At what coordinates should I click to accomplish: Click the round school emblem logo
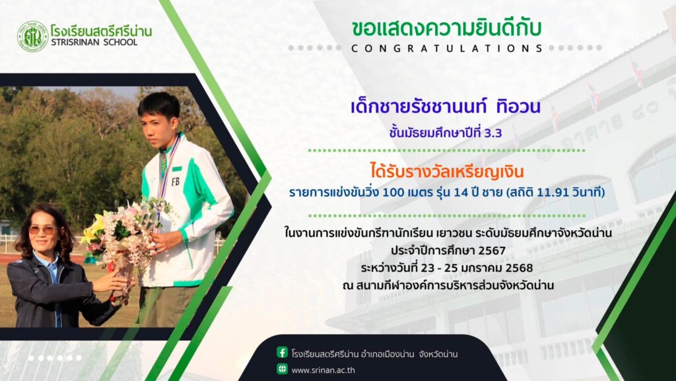click(x=33, y=36)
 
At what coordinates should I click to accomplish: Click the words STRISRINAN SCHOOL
click(x=94, y=42)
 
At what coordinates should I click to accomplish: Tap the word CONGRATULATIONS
click(x=447, y=48)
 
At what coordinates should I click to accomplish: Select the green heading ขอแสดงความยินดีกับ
click(x=447, y=28)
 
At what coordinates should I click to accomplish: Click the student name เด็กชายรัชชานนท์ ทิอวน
click(x=446, y=106)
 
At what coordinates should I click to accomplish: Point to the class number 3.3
click(x=493, y=133)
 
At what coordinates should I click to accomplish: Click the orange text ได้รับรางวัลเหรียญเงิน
click(x=447, y=171)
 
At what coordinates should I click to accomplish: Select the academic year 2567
click(x=492, y=251)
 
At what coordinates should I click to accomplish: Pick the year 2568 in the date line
click(x=519, y=268)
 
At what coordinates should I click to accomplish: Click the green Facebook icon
click(x=282, y=353)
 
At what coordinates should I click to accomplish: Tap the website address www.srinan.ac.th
click(x=323, y=370)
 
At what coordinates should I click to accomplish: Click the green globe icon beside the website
click(x=282, y=369)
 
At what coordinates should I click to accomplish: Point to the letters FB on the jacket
click(x=176, y=182)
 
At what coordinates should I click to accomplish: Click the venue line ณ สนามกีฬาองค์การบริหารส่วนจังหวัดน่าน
click(x=448, y=286)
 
